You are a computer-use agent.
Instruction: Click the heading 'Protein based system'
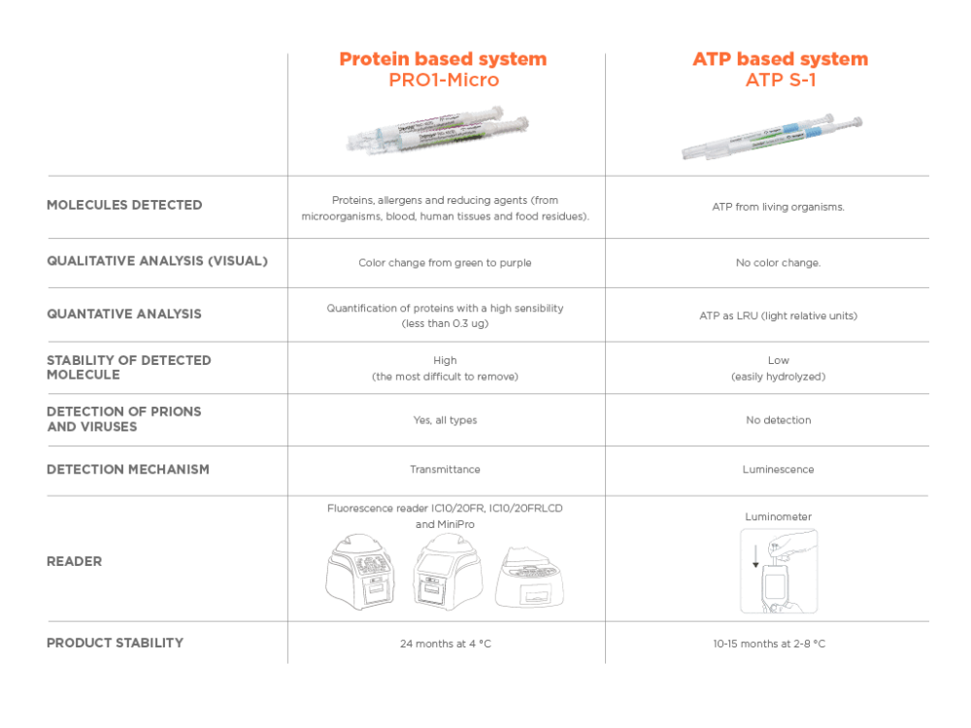point(443,59)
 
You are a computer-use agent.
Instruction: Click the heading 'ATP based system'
point(780,59)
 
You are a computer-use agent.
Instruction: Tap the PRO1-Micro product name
point(443,80)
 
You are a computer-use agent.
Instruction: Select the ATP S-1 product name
point(780,80)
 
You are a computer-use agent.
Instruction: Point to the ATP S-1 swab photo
point(772,138)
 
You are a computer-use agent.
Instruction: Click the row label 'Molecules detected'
point(124,205)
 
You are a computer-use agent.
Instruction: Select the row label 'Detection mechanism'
point(127,470)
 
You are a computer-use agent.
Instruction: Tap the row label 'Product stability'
point(115,643)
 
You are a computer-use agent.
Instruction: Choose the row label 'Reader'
point(74,561)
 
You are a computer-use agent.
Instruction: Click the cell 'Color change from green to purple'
point(445,262)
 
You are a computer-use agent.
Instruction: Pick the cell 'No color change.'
point(778,262)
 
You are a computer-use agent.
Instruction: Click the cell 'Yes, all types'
point(445,420)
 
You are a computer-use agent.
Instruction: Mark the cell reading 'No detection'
point(778,420)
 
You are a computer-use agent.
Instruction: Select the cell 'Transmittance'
point(445,470)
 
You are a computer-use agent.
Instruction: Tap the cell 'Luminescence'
point(778,470)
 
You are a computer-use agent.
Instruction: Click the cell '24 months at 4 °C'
point(445,644)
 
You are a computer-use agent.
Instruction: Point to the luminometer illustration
point(778,572)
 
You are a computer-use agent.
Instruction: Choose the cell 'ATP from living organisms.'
point(778,207)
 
